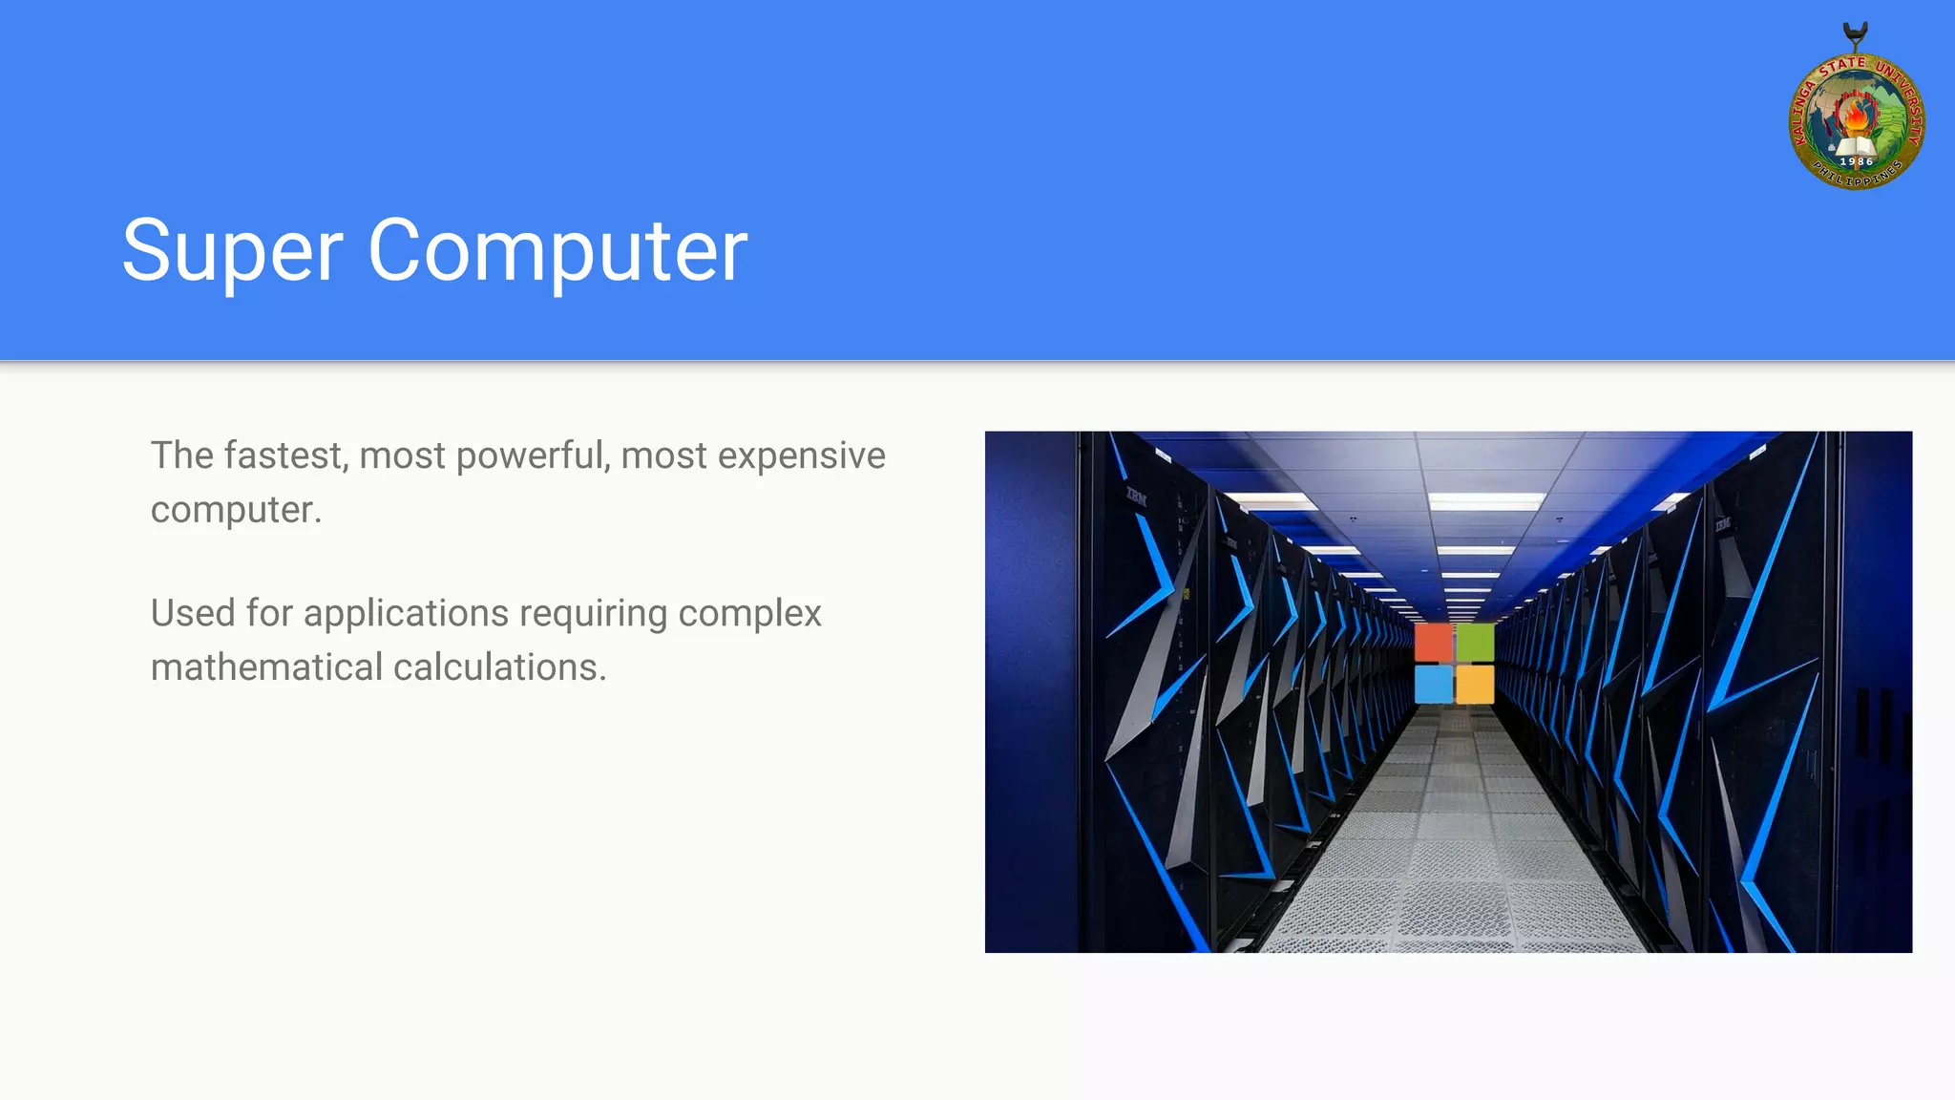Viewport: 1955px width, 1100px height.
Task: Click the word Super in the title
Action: pyautogui.click(x=232, y=250)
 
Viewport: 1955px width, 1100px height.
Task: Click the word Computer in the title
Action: pyautogui.click(x=557, y=250)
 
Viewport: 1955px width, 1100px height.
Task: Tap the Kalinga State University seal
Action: pyautogui.click(x=1856, y=119)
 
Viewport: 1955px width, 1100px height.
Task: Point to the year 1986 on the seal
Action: pyautogui.click(x=1856, y=161)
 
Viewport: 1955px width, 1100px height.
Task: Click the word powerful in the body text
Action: pyautogui.click(x=533, y=455)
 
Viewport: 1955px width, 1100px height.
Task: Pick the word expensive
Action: pyautogui.click(x=801, y=455)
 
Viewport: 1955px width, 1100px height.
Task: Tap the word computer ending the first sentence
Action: pyautogui.click(x=235, y=510)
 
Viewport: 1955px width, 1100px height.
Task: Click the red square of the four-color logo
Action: pyautogui.click(x=1433, y=643)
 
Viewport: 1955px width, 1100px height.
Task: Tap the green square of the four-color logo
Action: pyautogui.click(x=1475, y=643)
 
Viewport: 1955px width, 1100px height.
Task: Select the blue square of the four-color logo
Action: pyautogui.click(x=1433, y=684)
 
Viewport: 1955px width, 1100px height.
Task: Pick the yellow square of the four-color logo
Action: pyautogui.click(x=1475, y=684)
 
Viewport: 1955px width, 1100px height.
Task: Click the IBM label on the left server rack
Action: pyautogui.click(x=1136, y=496)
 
